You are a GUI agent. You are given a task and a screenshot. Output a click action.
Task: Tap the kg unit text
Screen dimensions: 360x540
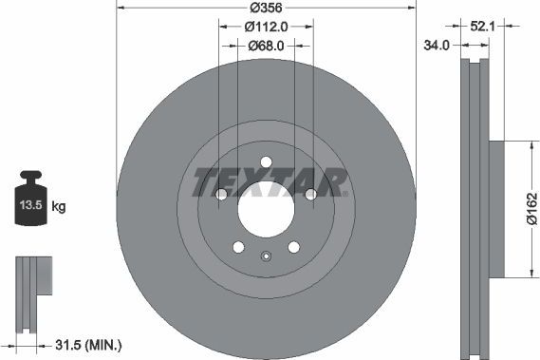58,205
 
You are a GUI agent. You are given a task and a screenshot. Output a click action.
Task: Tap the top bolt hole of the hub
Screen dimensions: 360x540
266,161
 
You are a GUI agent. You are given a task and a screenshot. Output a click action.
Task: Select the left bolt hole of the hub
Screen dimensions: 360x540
220,195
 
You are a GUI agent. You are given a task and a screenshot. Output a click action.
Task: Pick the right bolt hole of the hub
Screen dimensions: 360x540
311,195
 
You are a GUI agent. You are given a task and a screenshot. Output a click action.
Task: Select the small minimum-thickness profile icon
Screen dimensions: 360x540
35,289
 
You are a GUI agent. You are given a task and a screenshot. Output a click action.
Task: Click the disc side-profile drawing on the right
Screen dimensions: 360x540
475,208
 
